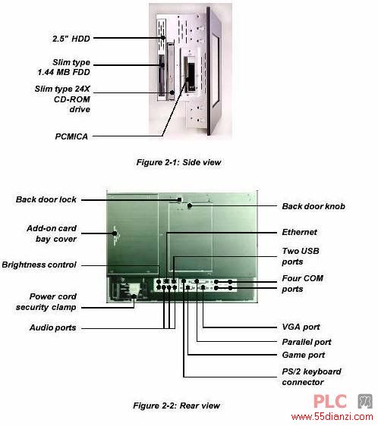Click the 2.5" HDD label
pos(71,39)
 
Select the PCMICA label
pos(71,136)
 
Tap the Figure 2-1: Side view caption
pos(178,162)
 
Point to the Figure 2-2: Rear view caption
pos(176,406)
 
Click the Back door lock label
pos(46,199)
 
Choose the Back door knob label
pos(313,206)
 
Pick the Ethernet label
pos(299,232)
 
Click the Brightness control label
pos(39,265)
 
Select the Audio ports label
pos(53,327)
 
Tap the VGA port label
pos(301,327)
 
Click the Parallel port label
pos(307,342)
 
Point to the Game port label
pos(304,355)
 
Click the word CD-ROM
pos(72,99)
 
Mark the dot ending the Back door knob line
pos(190,206)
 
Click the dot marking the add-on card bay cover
pos(115,233)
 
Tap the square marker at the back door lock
pos(179,199)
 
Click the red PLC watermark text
pos(330,402)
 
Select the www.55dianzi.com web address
pos(332,416)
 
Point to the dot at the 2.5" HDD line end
pos(162,38)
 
